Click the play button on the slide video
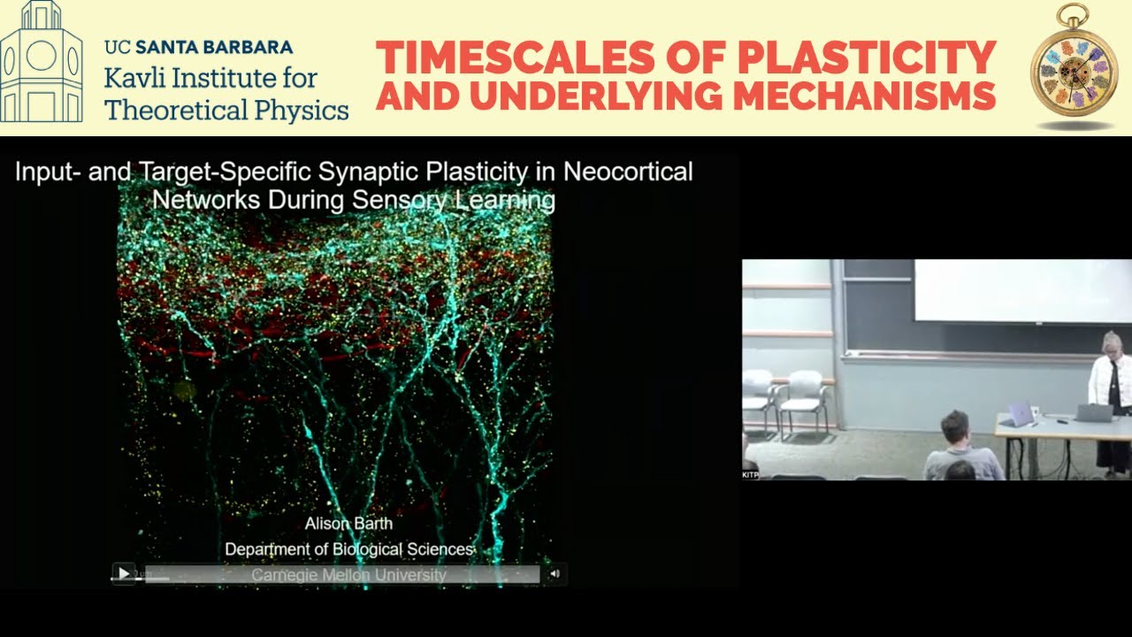tap(123, 574)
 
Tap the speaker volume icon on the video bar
tap(555, 574)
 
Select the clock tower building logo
tap(42, 62)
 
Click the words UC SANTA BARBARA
tap(198, 47)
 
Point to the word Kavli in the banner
tap(134, 78)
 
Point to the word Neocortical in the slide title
tap(628, 171)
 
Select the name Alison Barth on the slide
tap(348, 523)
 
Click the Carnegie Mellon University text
tap(348, 575)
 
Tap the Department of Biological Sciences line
tap(348, 549)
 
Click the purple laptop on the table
tap(1020, 414)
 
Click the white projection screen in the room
tap(1021, 290)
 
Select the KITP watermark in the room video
tap(750, 475)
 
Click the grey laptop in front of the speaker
tap(1095, 412)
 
